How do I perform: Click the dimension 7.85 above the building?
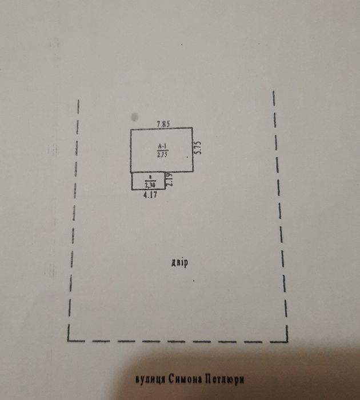point(163,122)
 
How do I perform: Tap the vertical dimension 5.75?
point(198,149)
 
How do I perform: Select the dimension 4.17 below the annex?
point(150,195)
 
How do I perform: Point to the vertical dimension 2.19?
point(170,181)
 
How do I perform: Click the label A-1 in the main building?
point(162,146)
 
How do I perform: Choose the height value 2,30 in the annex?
point(150,185)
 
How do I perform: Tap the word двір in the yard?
point(179,263)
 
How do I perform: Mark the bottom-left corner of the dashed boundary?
point(68,339)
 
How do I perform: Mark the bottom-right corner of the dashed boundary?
point(287,341)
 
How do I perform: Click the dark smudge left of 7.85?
point(135,117)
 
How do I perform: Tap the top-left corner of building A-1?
point(131,130)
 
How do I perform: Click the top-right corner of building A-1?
point(193,129)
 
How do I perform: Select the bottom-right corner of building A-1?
point(193,171)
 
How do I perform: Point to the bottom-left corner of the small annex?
point(133,189)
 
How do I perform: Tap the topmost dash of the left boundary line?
point(78,106)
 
